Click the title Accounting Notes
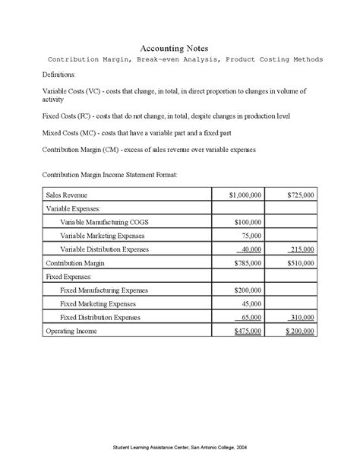coord(179,47)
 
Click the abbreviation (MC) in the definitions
coord(86,133)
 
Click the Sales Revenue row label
coord(67,195)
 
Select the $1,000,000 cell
coord(245,195)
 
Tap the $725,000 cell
coord(301,195)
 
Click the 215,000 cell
coord(302,249)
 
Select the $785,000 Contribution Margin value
coord(247,263)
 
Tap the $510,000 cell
coord(301,263)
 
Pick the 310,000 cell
coord(302,318)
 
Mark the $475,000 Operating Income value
coord(247,331)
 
